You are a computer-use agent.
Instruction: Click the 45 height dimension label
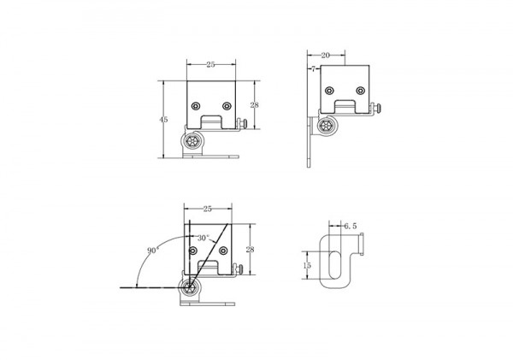[x=163, y=120]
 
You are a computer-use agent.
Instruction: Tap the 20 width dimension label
[x=325, y=56]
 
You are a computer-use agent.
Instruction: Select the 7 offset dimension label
[x=314, y=69]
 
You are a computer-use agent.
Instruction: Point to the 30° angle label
[x=203, y=238]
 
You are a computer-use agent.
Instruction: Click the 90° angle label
[x=153, y=251]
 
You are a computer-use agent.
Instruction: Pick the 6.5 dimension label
[x=350, y=226]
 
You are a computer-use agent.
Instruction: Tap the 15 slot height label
[x=307, y=265]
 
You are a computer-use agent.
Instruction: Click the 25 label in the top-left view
[x=210, y=65]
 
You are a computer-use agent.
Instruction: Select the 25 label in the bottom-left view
[x=208, y=209]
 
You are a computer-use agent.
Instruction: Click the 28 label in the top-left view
[x=254, y=105]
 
